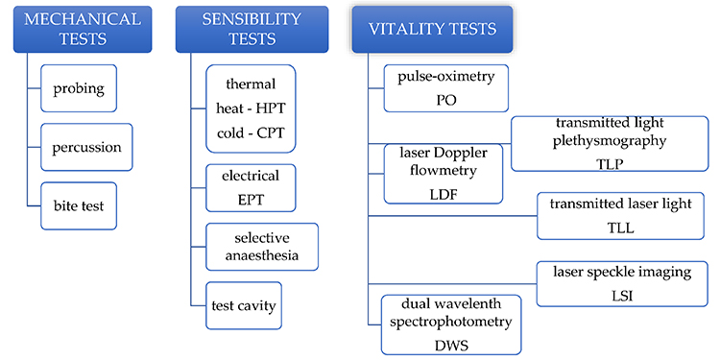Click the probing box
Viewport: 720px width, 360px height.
(79, 88)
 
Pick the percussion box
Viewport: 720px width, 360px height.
(85, 147)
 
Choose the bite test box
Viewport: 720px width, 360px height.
(79, 205)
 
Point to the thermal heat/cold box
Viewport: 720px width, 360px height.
(250, 108)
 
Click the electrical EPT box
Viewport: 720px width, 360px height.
(250, 187)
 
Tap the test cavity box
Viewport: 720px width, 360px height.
(244, 306)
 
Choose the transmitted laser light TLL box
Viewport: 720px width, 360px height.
(612, 215)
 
